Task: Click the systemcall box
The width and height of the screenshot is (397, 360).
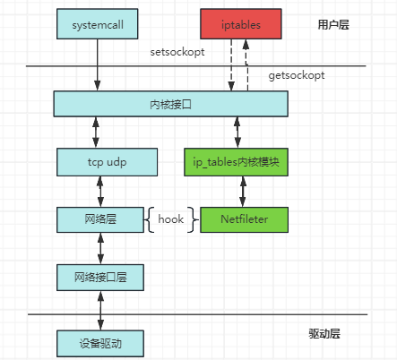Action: click(98, 25)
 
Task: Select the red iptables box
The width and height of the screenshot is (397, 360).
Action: click(237, 25)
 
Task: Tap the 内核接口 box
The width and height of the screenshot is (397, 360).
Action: click(170, 104)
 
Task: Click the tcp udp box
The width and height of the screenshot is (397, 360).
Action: click(107, 162)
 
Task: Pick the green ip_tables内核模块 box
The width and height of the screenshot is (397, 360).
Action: click(239, 162)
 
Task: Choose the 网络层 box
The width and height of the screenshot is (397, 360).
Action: click(99, 218)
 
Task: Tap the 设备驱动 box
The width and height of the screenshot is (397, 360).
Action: click(99, 342)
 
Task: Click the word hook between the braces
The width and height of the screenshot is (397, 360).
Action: click(170, 219)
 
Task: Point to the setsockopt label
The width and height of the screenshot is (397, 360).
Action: click(178, 52)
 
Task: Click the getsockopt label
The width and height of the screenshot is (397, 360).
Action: click(296, 76)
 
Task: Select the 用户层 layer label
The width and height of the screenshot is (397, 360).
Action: click(333, 24)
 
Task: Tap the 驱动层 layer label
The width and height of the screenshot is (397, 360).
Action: click(324, 333)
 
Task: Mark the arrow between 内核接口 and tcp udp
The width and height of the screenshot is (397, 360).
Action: click(99, 133)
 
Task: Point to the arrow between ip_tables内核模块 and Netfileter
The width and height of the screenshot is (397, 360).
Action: click(238, 191)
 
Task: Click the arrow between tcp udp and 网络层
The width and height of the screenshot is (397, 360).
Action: click(99, 191)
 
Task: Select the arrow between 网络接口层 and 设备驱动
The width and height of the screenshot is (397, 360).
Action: click(99, 309)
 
